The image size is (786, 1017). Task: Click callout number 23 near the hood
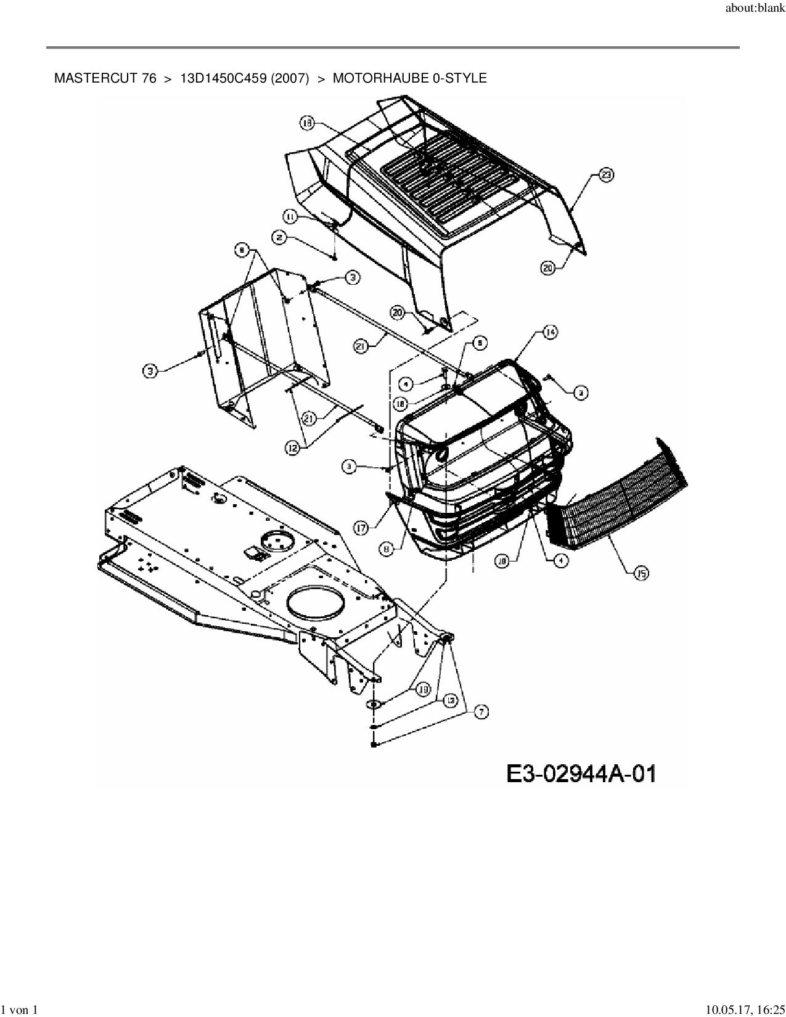click(x=607, y=176)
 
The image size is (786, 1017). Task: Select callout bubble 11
click(x=290, y=215)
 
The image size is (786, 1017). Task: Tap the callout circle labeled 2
click(x=279, y=236)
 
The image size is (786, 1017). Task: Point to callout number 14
click(x=550, y=332)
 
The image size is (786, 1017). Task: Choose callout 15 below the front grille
click(x=641, y=574)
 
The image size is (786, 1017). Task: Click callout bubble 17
click(x=361, y=527)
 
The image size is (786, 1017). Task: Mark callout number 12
click(x=293, y=449)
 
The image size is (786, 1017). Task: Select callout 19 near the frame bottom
click(x=423, y=690)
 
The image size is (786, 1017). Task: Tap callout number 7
click(x=481, y=712)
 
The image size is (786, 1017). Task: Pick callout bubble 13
click(x=451, y=700)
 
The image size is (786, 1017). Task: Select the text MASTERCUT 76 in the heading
click(x=105, y=78)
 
